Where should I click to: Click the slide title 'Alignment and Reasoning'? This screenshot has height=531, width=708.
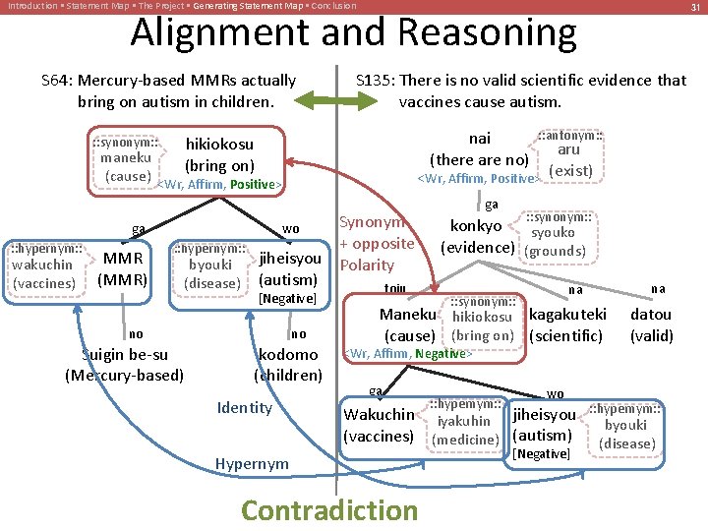pos(353,33)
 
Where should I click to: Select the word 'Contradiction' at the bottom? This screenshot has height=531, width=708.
pos(328,509)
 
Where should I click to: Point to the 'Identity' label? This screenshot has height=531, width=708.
pos(244,407)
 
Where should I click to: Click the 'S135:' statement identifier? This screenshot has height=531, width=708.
pos(375,81)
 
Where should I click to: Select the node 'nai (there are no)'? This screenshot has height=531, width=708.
pos(480,149)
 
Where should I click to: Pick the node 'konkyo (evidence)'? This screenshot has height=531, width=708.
pos(477,235)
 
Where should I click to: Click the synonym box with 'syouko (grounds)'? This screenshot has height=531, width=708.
pos(556,235)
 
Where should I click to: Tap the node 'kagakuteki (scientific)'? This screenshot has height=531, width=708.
pos(567,325)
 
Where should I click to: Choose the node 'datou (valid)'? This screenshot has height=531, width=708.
pos(651,325)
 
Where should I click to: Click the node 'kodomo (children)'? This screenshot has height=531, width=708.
pos(288,364)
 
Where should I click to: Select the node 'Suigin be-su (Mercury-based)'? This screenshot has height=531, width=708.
pos(124,364)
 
